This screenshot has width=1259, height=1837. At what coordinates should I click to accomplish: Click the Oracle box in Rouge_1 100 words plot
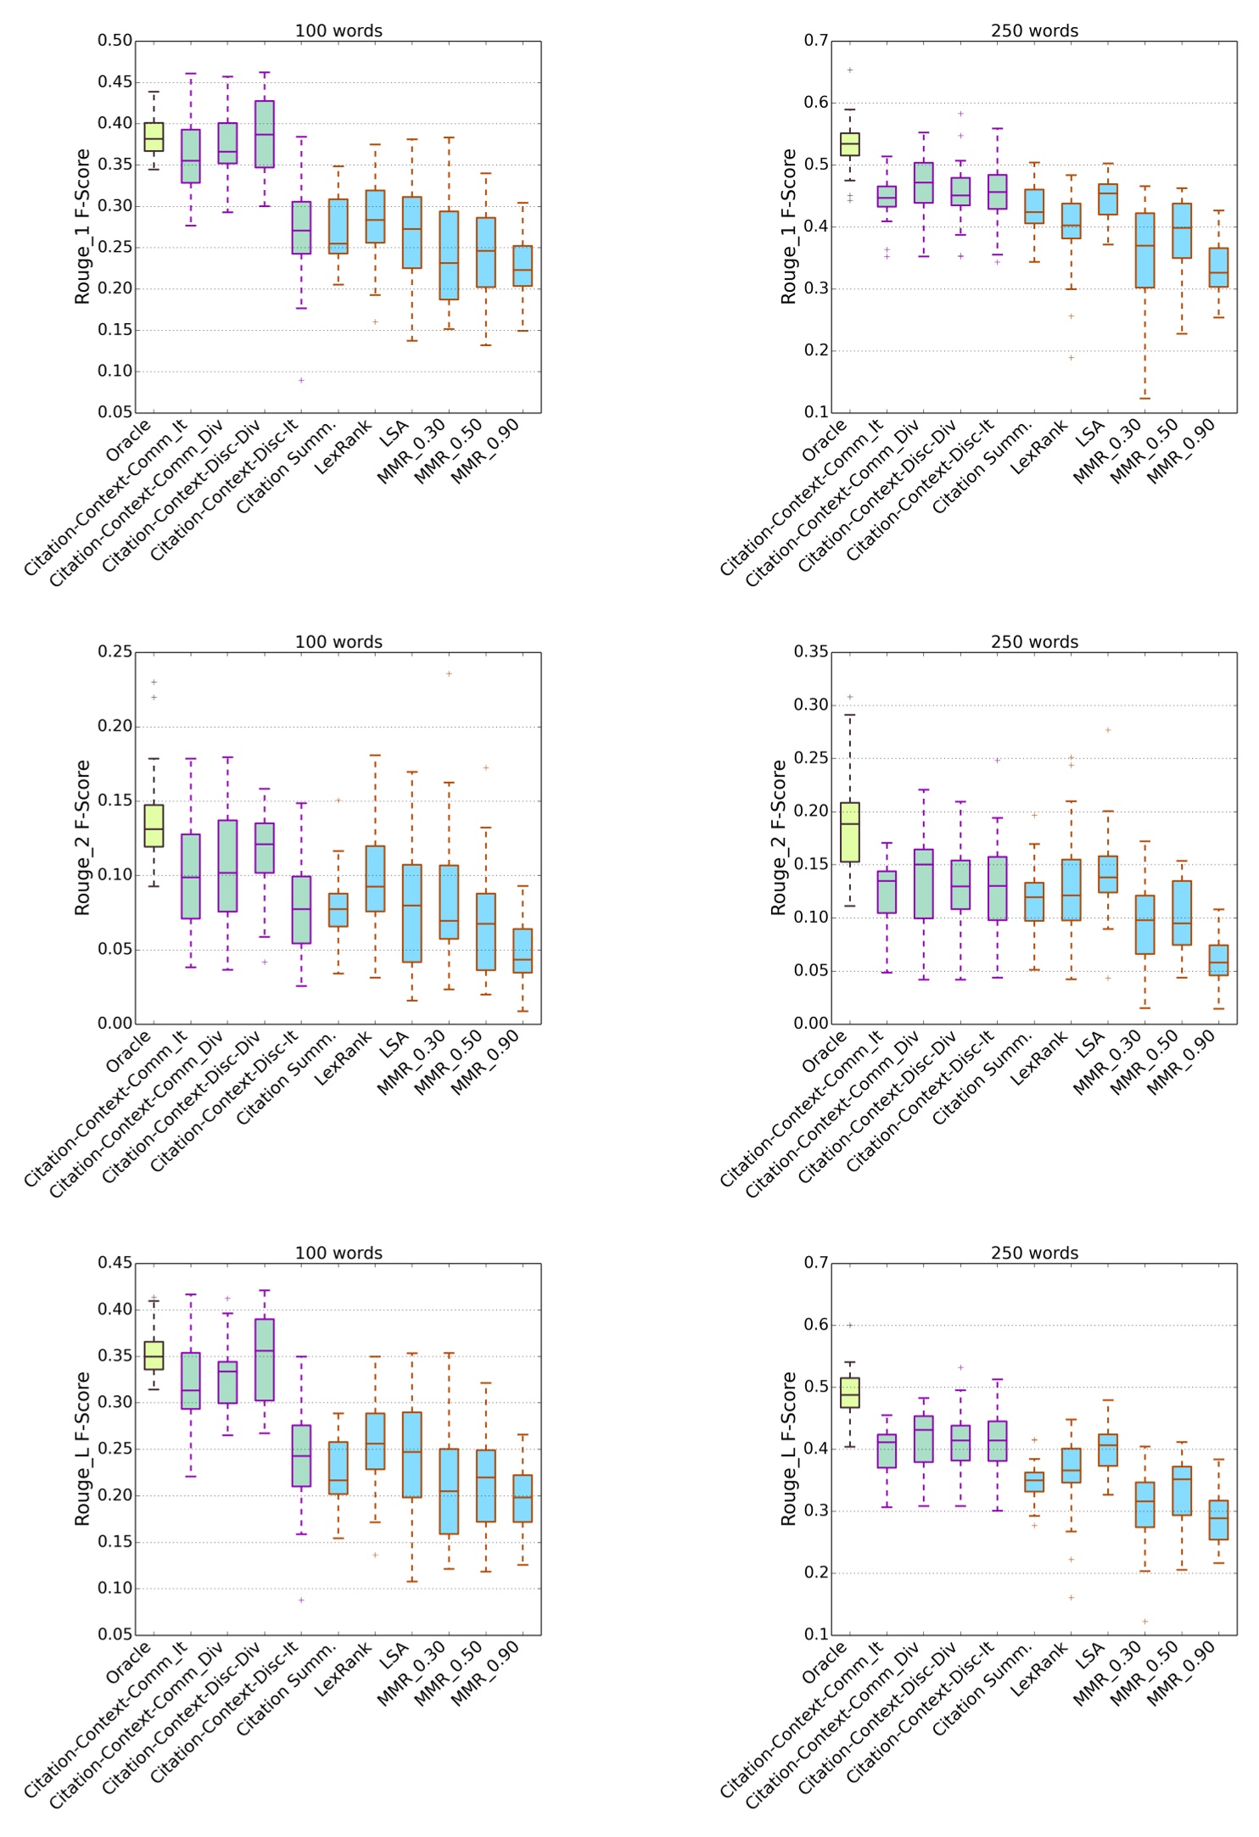(154, 137)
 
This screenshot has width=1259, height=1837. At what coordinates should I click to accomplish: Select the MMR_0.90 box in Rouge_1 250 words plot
(1218, 267)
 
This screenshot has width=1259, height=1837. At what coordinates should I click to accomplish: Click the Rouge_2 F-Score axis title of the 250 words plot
(778, 837)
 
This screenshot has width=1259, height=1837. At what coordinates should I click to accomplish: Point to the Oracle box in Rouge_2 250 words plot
(849, 832)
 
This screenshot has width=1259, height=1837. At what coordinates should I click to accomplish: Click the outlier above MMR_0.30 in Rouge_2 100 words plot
(449, 674)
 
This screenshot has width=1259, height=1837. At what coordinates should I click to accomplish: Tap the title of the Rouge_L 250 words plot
(1034, 1253)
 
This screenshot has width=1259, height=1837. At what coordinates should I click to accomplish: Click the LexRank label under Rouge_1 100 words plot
(344, 449)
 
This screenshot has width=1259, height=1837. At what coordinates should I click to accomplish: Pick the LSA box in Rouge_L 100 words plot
(411, 1454)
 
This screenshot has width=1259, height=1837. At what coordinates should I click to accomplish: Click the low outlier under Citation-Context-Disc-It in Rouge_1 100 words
(300, 380)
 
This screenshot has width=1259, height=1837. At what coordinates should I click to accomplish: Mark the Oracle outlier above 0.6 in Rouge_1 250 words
(850, 70)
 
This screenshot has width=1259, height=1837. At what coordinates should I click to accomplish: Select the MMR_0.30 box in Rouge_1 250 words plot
(1144, 250)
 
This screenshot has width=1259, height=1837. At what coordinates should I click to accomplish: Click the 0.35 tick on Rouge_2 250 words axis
(811, 651)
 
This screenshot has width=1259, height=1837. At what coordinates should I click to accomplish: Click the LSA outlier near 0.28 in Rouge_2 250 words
(1108, 730)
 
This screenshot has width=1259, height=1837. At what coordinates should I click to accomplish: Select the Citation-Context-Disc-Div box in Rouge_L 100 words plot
(264, 1360)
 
